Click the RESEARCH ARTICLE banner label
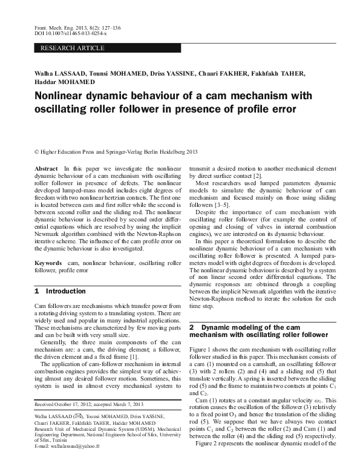coord(72,48)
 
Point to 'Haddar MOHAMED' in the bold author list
coord(64,82)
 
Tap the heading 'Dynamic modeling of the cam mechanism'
coord(258,330)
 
